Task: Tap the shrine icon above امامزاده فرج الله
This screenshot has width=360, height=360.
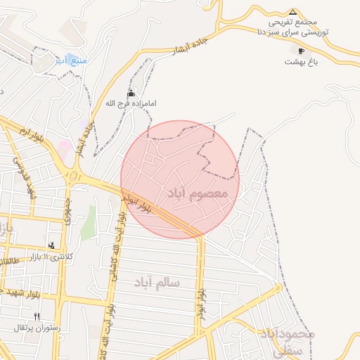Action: point(130,93)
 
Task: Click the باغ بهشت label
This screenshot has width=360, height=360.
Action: point(302,62)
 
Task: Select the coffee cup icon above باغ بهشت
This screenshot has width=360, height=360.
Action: point(302,51)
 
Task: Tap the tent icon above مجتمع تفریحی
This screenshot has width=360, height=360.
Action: point(292,12)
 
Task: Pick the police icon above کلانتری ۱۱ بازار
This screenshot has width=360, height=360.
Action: point(51,245)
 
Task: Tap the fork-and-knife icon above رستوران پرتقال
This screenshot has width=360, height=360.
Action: point(37,316)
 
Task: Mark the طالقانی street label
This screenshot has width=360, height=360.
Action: point(7,265)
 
